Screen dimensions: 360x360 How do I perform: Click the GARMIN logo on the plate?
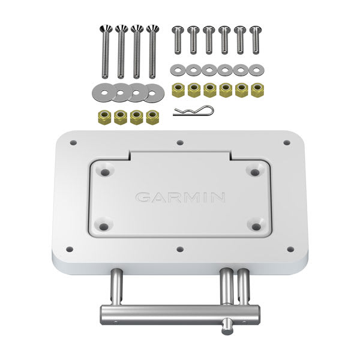pos(180,197)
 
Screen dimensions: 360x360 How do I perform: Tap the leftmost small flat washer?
pos(178,70)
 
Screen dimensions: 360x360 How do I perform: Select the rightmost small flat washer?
pos(256,70)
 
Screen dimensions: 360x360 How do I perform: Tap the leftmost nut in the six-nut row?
pos(178,90)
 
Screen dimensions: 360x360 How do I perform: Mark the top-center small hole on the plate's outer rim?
pos(181,143)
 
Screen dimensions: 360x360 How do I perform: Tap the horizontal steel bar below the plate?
pos(180,312)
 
